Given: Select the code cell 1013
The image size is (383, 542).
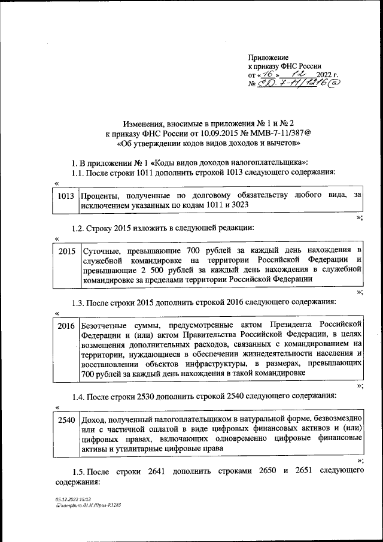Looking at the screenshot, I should pyautogui.click(x=66, y=196).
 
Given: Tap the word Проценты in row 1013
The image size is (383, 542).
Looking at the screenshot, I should pyautogui.click(x=100, y=195).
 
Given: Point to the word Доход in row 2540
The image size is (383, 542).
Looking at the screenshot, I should pyautogui.click(x=92, y=420).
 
